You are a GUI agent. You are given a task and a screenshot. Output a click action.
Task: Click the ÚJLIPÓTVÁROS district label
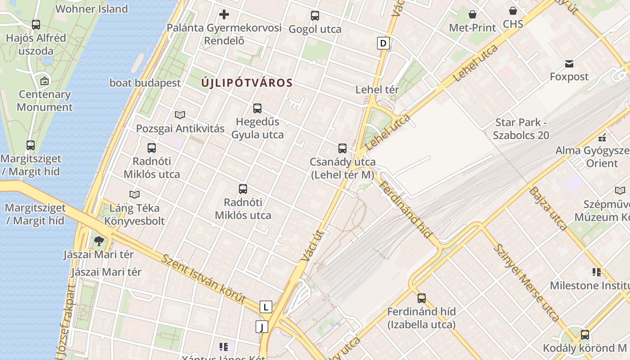(247, 83)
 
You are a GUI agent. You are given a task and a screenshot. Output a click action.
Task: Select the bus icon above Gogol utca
(315, 16)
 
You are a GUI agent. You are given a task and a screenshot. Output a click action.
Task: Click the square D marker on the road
(383, 43)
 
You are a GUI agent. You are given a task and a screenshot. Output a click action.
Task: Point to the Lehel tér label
(377, 90)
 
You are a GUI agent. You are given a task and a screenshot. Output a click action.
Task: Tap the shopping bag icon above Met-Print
(472, 15)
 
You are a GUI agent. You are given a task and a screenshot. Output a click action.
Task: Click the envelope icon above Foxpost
(569, 64)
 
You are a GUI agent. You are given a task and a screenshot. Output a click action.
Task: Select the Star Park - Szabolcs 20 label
(521, 129)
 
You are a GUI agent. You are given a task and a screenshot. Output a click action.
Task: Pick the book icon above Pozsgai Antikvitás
(180, 115)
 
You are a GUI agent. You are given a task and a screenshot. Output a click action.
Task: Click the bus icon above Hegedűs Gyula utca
(257, 108)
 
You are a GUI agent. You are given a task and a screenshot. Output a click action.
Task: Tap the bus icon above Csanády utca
(342, 148)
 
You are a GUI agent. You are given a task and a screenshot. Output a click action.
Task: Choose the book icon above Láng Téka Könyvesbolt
(135, 195)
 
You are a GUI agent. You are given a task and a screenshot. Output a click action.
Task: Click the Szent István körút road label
(203, 279)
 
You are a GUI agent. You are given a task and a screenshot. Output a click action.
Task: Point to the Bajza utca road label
(548, 208)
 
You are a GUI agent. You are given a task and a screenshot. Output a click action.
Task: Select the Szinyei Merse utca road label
(526, 282)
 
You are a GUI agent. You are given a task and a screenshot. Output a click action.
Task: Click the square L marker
(266, 307)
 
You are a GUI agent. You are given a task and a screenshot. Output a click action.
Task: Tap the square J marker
(261, 327)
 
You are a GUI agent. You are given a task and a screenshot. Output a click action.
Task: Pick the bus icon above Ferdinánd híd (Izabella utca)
(422, 298)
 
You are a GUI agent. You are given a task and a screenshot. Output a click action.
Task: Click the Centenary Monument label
(45, 101)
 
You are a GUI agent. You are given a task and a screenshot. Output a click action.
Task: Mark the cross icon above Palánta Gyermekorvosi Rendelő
(224, 14)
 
